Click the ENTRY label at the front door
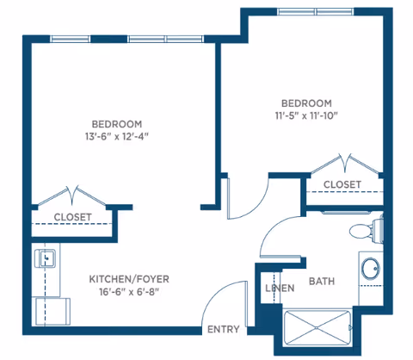coord(224,329)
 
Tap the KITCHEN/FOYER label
coord(129,279)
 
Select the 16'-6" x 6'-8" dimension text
coord(129,292)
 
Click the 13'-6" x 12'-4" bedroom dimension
coord(117,136)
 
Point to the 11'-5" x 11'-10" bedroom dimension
coord(306,115)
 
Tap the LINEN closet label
coord(280,288)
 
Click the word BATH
coord(322,282)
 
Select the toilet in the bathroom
coord(367,229)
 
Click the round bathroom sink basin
coord(371,269)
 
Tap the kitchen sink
coord(45,258)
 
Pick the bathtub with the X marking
coord(317,327)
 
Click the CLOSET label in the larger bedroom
coord(73,217)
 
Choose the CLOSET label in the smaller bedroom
coord(342,184)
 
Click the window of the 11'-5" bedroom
coord(316,12)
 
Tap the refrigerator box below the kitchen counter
coord(52,312)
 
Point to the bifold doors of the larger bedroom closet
coord(72,196)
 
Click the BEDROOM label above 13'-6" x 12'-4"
coord(117,124)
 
